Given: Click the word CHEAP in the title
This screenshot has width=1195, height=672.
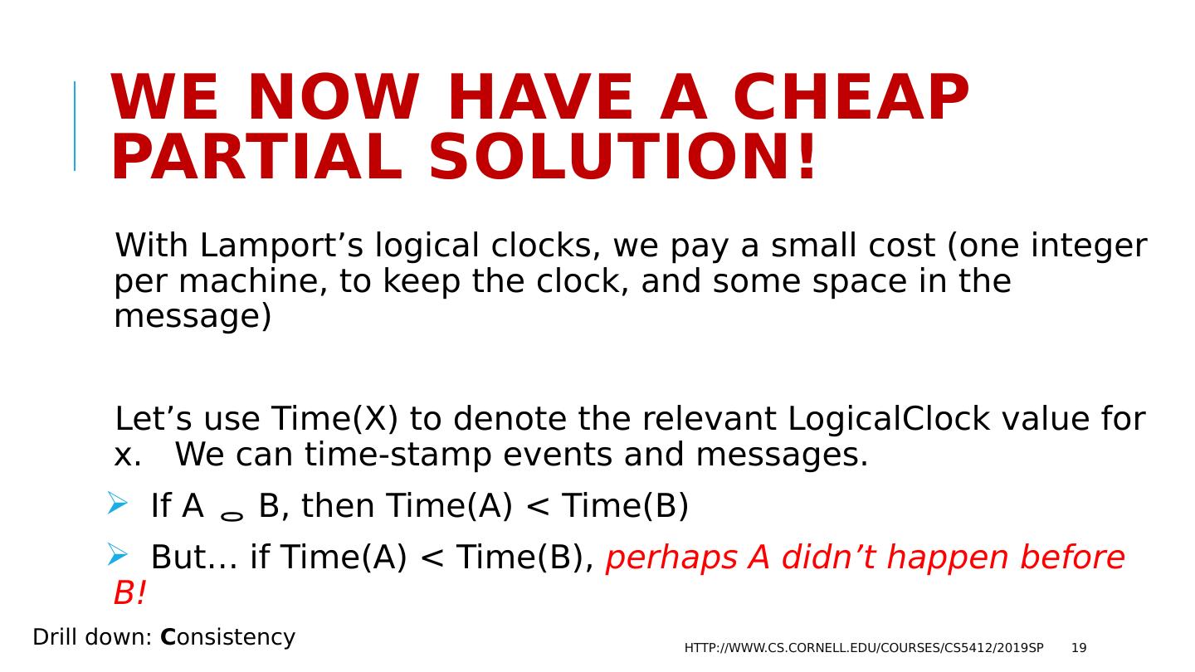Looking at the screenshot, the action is pos(851,98).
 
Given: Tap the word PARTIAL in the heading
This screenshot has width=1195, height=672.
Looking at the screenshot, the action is pos(256,157).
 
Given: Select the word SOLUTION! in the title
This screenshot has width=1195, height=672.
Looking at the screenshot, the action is pos(622,157).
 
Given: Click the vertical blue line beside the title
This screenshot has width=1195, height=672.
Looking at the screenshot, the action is pos(75,126).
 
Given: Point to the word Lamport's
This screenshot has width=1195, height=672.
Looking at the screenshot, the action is pos(281,246).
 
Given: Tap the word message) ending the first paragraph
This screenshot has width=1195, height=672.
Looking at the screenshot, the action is pos(193,317).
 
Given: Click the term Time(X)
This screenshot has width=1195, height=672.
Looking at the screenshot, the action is pos(334,419).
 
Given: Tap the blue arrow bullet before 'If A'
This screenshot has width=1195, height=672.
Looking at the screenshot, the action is pos(117,503).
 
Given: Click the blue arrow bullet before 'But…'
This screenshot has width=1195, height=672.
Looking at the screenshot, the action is pos(117,554).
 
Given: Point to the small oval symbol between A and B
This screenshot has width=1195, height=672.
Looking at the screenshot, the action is pos(232,516).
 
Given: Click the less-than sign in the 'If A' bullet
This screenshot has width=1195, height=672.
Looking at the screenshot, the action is pos(537,506).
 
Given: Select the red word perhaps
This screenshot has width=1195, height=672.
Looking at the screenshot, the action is pos(671,558).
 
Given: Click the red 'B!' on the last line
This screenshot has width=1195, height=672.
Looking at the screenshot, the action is pos(129,592).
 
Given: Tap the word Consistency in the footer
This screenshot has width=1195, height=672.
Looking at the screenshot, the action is pos(227,638).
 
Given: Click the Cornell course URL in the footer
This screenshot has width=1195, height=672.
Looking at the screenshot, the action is pos(864,648).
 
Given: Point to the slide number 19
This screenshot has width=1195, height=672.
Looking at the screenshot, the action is pos(1079,648).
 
